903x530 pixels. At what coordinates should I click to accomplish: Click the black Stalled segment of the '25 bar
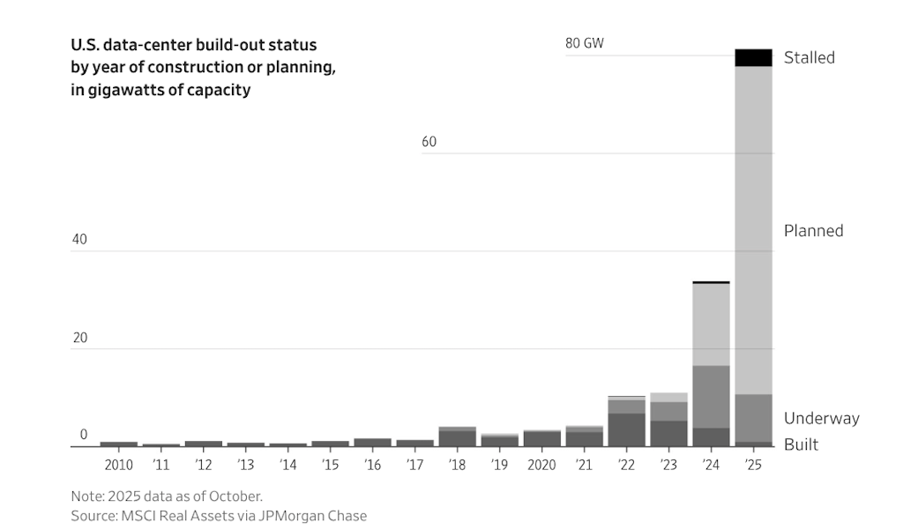(753, 58)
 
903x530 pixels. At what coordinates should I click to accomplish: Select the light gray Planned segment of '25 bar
(753, 229)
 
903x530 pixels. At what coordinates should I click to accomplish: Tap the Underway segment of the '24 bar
(711, 396)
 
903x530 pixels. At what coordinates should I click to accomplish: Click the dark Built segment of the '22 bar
(626, 429)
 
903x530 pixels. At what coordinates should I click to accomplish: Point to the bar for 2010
(119, 444)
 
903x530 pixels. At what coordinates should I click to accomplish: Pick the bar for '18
(457, 437)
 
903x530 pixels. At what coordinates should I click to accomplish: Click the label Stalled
(809, 57)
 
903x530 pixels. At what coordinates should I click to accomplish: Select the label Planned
(813, 230)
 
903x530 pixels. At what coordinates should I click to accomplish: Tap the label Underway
(821, 418)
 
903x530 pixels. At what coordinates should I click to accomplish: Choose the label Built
(801, 444)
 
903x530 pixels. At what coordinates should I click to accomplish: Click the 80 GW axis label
(585, 43)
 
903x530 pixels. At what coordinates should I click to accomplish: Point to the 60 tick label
(429, 142)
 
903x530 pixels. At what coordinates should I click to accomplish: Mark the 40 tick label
(79, 240)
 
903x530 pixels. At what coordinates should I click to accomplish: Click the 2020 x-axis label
(541, 465)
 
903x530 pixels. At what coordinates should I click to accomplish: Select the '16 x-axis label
(372, 465)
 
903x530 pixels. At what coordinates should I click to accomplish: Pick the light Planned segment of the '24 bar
(711, 325)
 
